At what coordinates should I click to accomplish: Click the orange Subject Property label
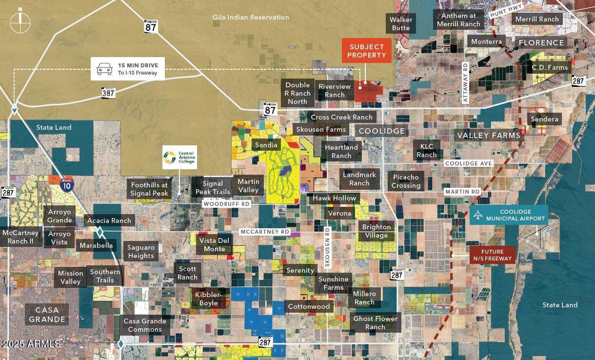point(367,51)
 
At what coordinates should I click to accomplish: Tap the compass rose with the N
point(20,22)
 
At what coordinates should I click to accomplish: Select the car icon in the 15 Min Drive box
point(103,69)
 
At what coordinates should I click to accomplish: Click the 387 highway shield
point(108,92)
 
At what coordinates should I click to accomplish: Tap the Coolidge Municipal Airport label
point(509,215)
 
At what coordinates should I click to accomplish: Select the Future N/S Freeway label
point(492,255)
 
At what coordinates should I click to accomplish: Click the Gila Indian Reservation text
point(251,17)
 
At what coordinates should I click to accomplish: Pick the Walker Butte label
point(401,23)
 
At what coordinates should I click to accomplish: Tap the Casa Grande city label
point(47,315)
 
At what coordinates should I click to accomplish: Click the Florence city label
point(541,43)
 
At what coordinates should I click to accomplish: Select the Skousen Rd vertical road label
point(328,247)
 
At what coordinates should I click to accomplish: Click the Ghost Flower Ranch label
point(375,322)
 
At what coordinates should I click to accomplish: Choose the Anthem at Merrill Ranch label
point(458,20)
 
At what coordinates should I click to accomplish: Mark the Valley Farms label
point(488,135)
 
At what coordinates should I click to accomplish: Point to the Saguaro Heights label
point(140,251)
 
